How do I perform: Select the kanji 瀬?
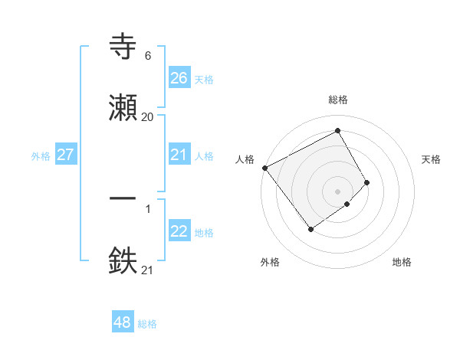pos(123,108)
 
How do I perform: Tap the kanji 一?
pos(123,198)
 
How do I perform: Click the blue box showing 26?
pos(179,78)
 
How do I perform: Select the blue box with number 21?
pos(179,155)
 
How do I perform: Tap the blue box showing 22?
pos(179,231)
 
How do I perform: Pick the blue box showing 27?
pos(66,155)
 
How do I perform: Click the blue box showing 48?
pos(123,322)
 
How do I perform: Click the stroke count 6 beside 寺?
pos(147,56)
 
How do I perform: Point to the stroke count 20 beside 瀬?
pos(147,116)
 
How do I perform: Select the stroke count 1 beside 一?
pos(147,208)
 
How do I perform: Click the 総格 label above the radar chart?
pos(337,100)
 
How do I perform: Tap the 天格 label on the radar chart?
pos(431,159)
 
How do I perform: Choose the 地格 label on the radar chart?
pos(402,262)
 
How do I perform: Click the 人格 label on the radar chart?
pos(245,159)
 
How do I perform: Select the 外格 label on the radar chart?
pos(270,262)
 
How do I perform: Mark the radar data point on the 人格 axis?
pos(264,168)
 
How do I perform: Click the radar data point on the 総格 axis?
pos(337,130)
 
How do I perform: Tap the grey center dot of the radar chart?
pos(337,191)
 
